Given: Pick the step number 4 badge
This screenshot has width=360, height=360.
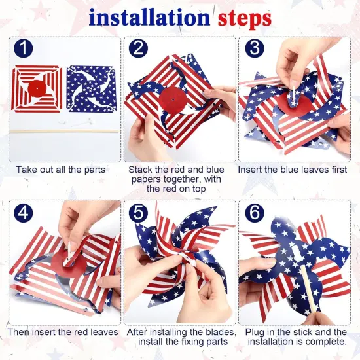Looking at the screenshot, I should point(24,214).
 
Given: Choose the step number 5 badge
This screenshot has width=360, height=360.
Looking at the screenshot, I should point(139,214).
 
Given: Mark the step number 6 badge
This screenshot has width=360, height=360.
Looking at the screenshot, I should point(253,214).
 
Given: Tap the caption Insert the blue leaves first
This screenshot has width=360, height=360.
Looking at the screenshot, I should point(295,170).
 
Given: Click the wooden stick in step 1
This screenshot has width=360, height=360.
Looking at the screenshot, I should point(63,131).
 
